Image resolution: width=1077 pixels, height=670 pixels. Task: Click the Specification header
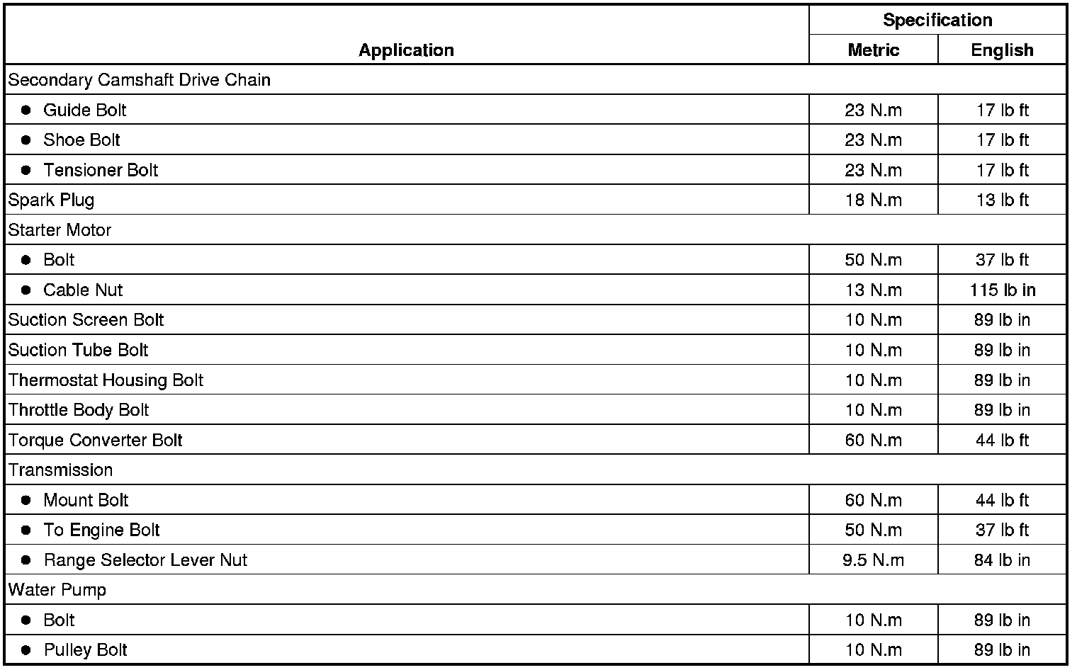pos(937,20)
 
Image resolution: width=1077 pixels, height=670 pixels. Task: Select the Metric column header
pos(873,50)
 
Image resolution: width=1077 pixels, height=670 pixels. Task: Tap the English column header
pos(1001,50)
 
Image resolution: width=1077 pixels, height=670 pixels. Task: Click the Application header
pos(406,50)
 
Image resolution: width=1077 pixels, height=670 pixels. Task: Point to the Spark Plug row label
pos(51,200)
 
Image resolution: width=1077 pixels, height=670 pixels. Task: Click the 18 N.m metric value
pos(873,200)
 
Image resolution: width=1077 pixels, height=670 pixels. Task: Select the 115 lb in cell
pos(1002,290)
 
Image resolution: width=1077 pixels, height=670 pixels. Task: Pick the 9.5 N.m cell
pos(873,560)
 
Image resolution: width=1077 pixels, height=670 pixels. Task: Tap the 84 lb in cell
pos(1002,560)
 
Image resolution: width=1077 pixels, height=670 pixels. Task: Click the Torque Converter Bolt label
pos(96,440)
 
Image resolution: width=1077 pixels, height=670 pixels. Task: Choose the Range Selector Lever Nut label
pos(145,560)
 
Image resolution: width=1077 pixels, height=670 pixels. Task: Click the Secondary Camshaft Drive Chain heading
pos(140,80)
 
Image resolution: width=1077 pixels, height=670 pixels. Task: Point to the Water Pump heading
pos(57,590)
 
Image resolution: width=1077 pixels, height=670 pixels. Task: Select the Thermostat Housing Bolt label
pos(106,380)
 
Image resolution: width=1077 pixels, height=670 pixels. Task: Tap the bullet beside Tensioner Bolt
pos(26,170)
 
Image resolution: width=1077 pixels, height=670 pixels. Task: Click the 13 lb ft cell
pos(1002,200)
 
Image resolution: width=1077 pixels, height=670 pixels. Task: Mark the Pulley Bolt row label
pos(86,650)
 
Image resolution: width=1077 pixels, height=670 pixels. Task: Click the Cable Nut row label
pos(83,290)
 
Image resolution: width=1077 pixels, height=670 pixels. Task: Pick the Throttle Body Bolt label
pos(79,410)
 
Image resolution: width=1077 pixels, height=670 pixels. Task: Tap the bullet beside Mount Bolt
pos(26,500)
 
